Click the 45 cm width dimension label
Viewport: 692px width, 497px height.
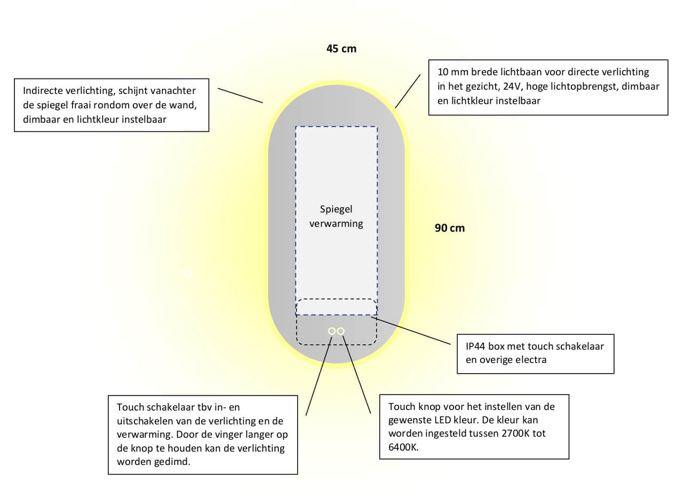click(x=341, y=49)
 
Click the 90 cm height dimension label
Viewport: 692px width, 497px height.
click(x=450, y=228)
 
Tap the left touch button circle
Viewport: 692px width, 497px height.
click(x=332, y=332)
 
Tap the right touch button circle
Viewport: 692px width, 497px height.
click(x=341, y=332)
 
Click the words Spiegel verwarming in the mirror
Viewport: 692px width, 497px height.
click(x=336, y=216)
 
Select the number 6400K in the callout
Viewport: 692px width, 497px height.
click(x=403, y=447)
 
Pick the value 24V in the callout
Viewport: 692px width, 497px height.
click(x=512, y=86)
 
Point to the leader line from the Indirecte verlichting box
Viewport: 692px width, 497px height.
click(x=240, y=96)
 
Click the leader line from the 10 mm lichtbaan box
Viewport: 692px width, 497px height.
click(x=408, y=91)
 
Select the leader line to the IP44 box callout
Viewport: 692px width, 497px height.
click(x=411, y=330)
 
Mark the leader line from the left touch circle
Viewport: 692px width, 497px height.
click(x=319, y=376)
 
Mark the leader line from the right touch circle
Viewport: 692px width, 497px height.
click(x=356, y=375)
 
